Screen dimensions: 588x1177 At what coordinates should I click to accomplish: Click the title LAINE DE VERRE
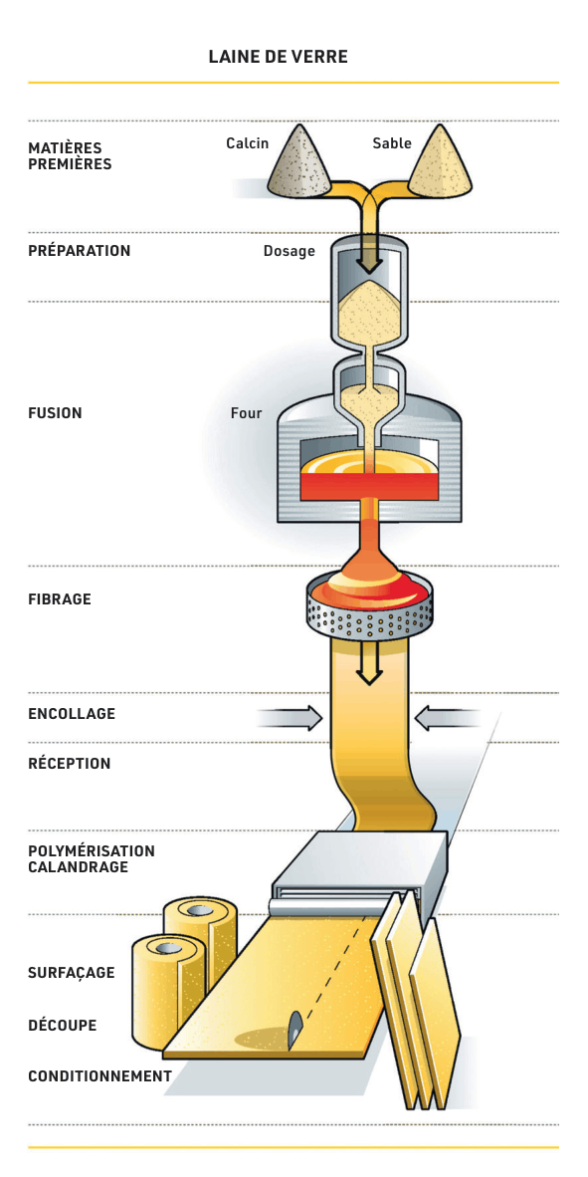[x=278, y=57]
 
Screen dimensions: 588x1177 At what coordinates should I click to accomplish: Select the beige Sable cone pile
[x=438, y=165]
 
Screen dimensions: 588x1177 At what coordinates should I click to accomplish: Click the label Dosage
[x=289, y=252]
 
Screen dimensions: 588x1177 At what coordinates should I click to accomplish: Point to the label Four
[x=246, y=413]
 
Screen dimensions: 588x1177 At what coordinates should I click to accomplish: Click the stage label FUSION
[x=55, y=413]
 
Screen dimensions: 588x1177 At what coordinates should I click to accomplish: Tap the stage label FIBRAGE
[x=60, y=599]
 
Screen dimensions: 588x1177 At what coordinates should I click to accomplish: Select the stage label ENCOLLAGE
[x=72, y=714]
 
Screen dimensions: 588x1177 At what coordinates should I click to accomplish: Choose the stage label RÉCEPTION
[x=69, y=764]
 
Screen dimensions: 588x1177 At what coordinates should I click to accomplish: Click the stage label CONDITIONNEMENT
[x=99, y=1076]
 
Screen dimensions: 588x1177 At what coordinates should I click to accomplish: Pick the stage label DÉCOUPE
[x=63, y=1025]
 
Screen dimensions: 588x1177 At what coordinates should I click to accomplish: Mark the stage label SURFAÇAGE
[x=72, y=973]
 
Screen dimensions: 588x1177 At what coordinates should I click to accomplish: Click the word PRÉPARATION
[x=80, y=251]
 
